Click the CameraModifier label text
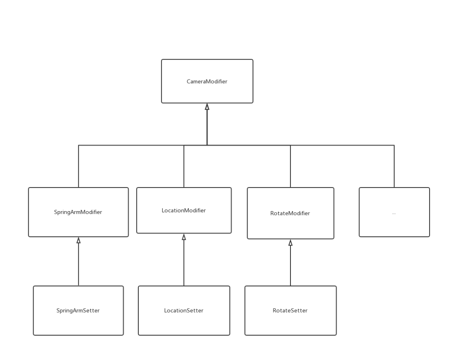click(207, 82)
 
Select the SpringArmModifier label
click(78, 212)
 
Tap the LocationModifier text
click(184, 211)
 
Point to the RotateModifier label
click(290, 214)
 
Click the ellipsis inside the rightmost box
click(394, 213)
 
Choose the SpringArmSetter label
click(78, 311)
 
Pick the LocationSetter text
click(184, 311)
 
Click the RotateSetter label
click(290, 311)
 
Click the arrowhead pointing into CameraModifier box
click(207, 107)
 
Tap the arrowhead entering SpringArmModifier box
click(78, 241)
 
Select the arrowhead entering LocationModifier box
click(184, 237)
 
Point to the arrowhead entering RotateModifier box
click(290, 243)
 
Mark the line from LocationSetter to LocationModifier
click(184, 262)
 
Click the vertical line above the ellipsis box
click(394, 166)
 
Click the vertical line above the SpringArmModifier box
click(78, 166)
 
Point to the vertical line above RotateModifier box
click(290, 166)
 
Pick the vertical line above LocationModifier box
click(184, 166)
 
